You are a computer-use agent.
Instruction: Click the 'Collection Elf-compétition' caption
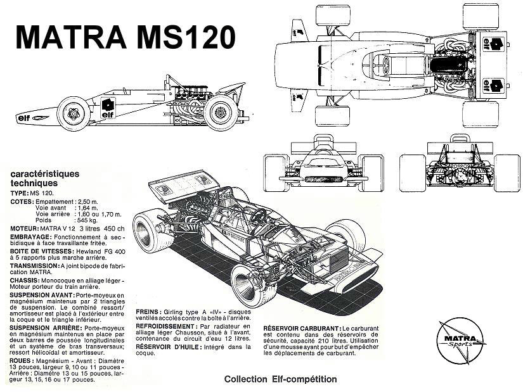tap(280, 379)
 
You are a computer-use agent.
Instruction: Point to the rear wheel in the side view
tap(221, 113)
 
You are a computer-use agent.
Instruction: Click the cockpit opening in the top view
tap(385, 64)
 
